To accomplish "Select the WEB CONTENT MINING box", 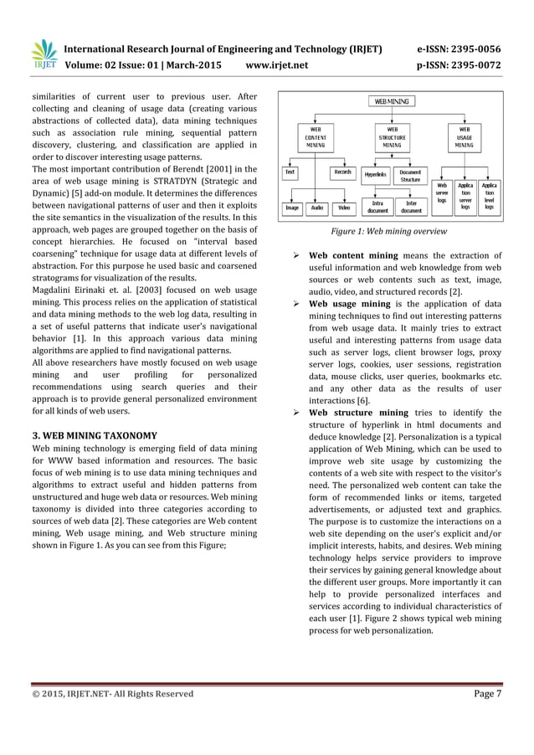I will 316,137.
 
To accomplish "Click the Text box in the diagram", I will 290,172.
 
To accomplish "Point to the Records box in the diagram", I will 342,172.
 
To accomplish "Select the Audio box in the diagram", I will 317,207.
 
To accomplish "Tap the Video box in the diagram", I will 344,207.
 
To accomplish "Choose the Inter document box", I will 411,207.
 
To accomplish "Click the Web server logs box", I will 442,195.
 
